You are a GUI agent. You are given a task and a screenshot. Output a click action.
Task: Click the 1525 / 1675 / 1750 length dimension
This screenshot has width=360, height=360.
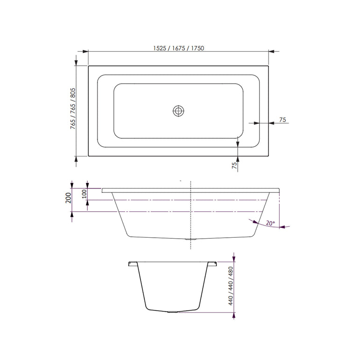point(179,48)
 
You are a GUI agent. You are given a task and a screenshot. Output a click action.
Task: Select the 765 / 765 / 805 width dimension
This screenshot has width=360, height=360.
point(73,109)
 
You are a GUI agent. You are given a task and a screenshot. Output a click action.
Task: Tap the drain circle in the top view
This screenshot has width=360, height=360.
point(178,111)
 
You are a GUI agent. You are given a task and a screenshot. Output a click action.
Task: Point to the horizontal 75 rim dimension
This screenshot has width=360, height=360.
point(282,120)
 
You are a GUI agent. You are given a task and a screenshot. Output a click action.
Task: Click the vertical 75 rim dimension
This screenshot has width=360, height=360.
point(234,165)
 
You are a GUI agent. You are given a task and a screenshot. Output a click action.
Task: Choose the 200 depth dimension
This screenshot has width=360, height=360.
point(69,198)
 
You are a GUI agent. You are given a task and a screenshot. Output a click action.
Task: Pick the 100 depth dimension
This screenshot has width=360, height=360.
point(84,194)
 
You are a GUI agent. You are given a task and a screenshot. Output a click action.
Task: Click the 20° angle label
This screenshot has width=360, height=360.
point(270,223)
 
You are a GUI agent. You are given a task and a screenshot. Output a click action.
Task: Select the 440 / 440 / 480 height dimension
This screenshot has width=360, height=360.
point(231,286)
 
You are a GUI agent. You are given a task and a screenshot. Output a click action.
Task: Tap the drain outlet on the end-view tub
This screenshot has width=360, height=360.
point(172,312)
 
